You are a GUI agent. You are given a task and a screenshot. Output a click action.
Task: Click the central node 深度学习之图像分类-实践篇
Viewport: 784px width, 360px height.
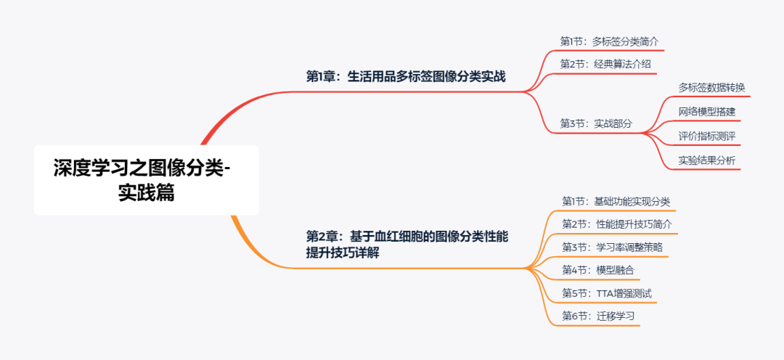pos(146,180)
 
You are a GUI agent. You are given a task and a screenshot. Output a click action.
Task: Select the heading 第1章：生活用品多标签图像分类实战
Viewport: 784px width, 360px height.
pos(405,77)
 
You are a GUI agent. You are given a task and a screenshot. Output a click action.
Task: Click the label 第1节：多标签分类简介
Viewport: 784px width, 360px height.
pos(609,41)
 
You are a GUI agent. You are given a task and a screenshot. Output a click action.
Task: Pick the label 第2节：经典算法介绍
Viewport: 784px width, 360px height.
pos(605,64)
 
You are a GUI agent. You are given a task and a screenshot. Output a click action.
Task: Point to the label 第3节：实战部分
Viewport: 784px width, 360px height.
pos(595,123)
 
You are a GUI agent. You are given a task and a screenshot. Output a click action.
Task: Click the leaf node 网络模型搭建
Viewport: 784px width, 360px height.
pos(706,112)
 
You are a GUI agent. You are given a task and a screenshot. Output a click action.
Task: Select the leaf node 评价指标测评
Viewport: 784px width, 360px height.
pos(706,136)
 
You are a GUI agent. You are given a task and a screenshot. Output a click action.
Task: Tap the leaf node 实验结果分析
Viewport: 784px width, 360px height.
pos(706,160)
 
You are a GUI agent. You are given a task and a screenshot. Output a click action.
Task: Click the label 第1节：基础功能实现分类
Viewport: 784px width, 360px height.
pos(616,201)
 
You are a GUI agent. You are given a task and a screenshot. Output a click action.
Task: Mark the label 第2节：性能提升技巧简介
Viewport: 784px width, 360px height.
pos(616,224)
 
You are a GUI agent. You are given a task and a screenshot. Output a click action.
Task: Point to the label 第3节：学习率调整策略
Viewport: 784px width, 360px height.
pos(611,247)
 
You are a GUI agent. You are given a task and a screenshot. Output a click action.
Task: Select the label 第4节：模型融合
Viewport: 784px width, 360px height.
pos(597,270)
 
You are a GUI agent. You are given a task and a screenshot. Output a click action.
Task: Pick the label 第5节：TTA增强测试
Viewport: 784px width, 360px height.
pos(606,293)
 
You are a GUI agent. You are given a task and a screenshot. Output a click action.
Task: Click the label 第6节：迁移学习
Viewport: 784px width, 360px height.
pos(597,316)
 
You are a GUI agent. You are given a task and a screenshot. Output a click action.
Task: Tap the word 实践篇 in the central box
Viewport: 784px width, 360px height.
pos(146,193)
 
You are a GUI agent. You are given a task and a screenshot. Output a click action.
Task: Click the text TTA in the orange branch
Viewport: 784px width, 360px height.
pos(605,293)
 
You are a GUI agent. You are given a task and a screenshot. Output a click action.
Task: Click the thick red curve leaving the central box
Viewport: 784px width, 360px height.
pos(218,120)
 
